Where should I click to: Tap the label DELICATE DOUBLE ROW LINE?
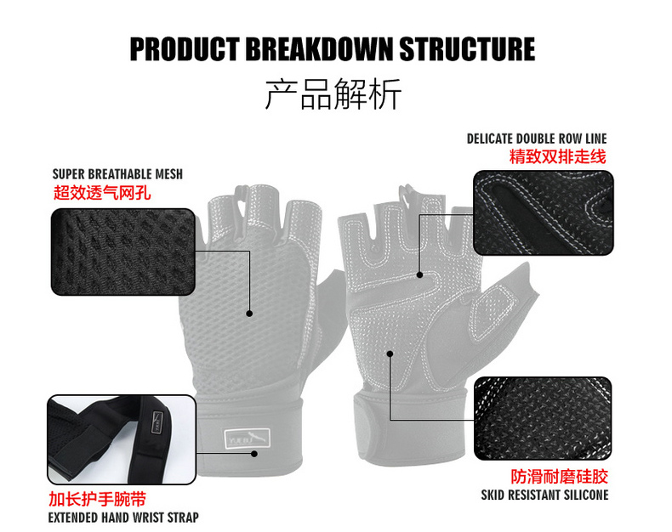[537, 139]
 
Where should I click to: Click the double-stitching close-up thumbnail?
[543, 213]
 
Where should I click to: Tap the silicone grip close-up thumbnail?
[543, 419]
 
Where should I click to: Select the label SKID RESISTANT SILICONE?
[545, 495]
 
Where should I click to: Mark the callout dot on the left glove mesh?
[250, 314]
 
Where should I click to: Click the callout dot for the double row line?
[420, 274]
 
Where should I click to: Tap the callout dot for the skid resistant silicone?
[390, 353]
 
